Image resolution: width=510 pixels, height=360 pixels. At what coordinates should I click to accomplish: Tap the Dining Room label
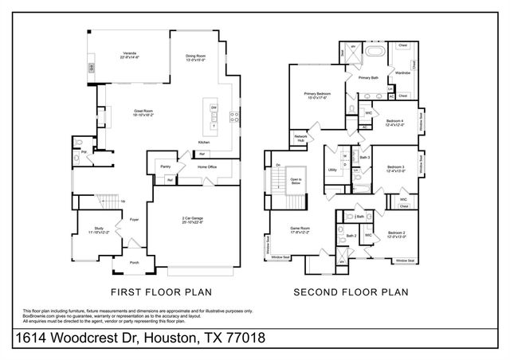tap(196, 55)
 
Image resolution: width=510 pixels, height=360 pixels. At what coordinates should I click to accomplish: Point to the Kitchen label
tap(204, 143)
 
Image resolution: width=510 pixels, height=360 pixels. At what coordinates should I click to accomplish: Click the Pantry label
tap(166, 166)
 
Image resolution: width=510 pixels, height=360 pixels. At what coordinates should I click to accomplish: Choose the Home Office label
tap(207, 166)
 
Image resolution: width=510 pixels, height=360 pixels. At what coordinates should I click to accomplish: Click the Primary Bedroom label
tap(316, 93)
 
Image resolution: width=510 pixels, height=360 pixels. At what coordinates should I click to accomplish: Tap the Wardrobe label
tap(402, 72)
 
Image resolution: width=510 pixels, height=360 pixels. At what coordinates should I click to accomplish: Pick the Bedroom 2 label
tap(397, 233)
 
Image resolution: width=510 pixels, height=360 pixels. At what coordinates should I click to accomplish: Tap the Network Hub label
tap(301, 138)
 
